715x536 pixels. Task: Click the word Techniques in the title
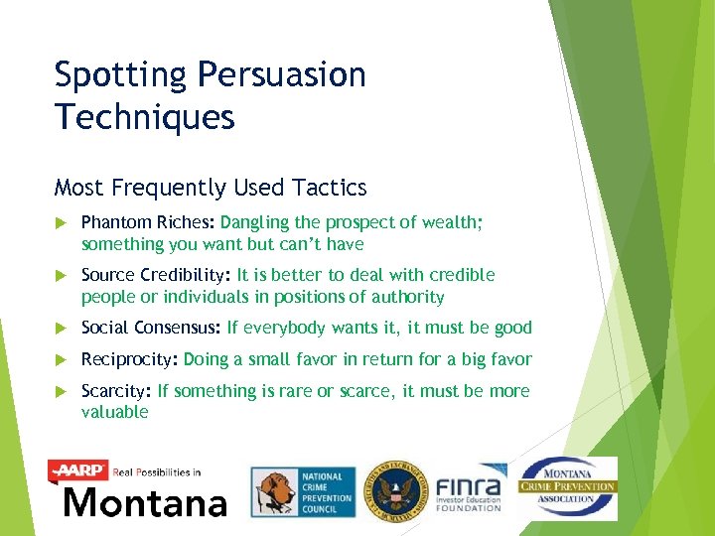point(144,117)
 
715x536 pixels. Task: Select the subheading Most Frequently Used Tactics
point(211,188)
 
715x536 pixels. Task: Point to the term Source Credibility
point(155,275)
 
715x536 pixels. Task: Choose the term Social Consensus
point(150,328)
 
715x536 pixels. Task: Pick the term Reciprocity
point(129,359)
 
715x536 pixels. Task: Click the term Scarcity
point(115,391)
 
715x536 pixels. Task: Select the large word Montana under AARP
point(144,501)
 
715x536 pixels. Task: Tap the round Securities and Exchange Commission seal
point(394,491)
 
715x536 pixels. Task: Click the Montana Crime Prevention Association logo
point(568,487)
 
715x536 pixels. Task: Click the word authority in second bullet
point(408,297)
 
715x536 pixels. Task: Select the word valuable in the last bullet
point(114,412)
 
